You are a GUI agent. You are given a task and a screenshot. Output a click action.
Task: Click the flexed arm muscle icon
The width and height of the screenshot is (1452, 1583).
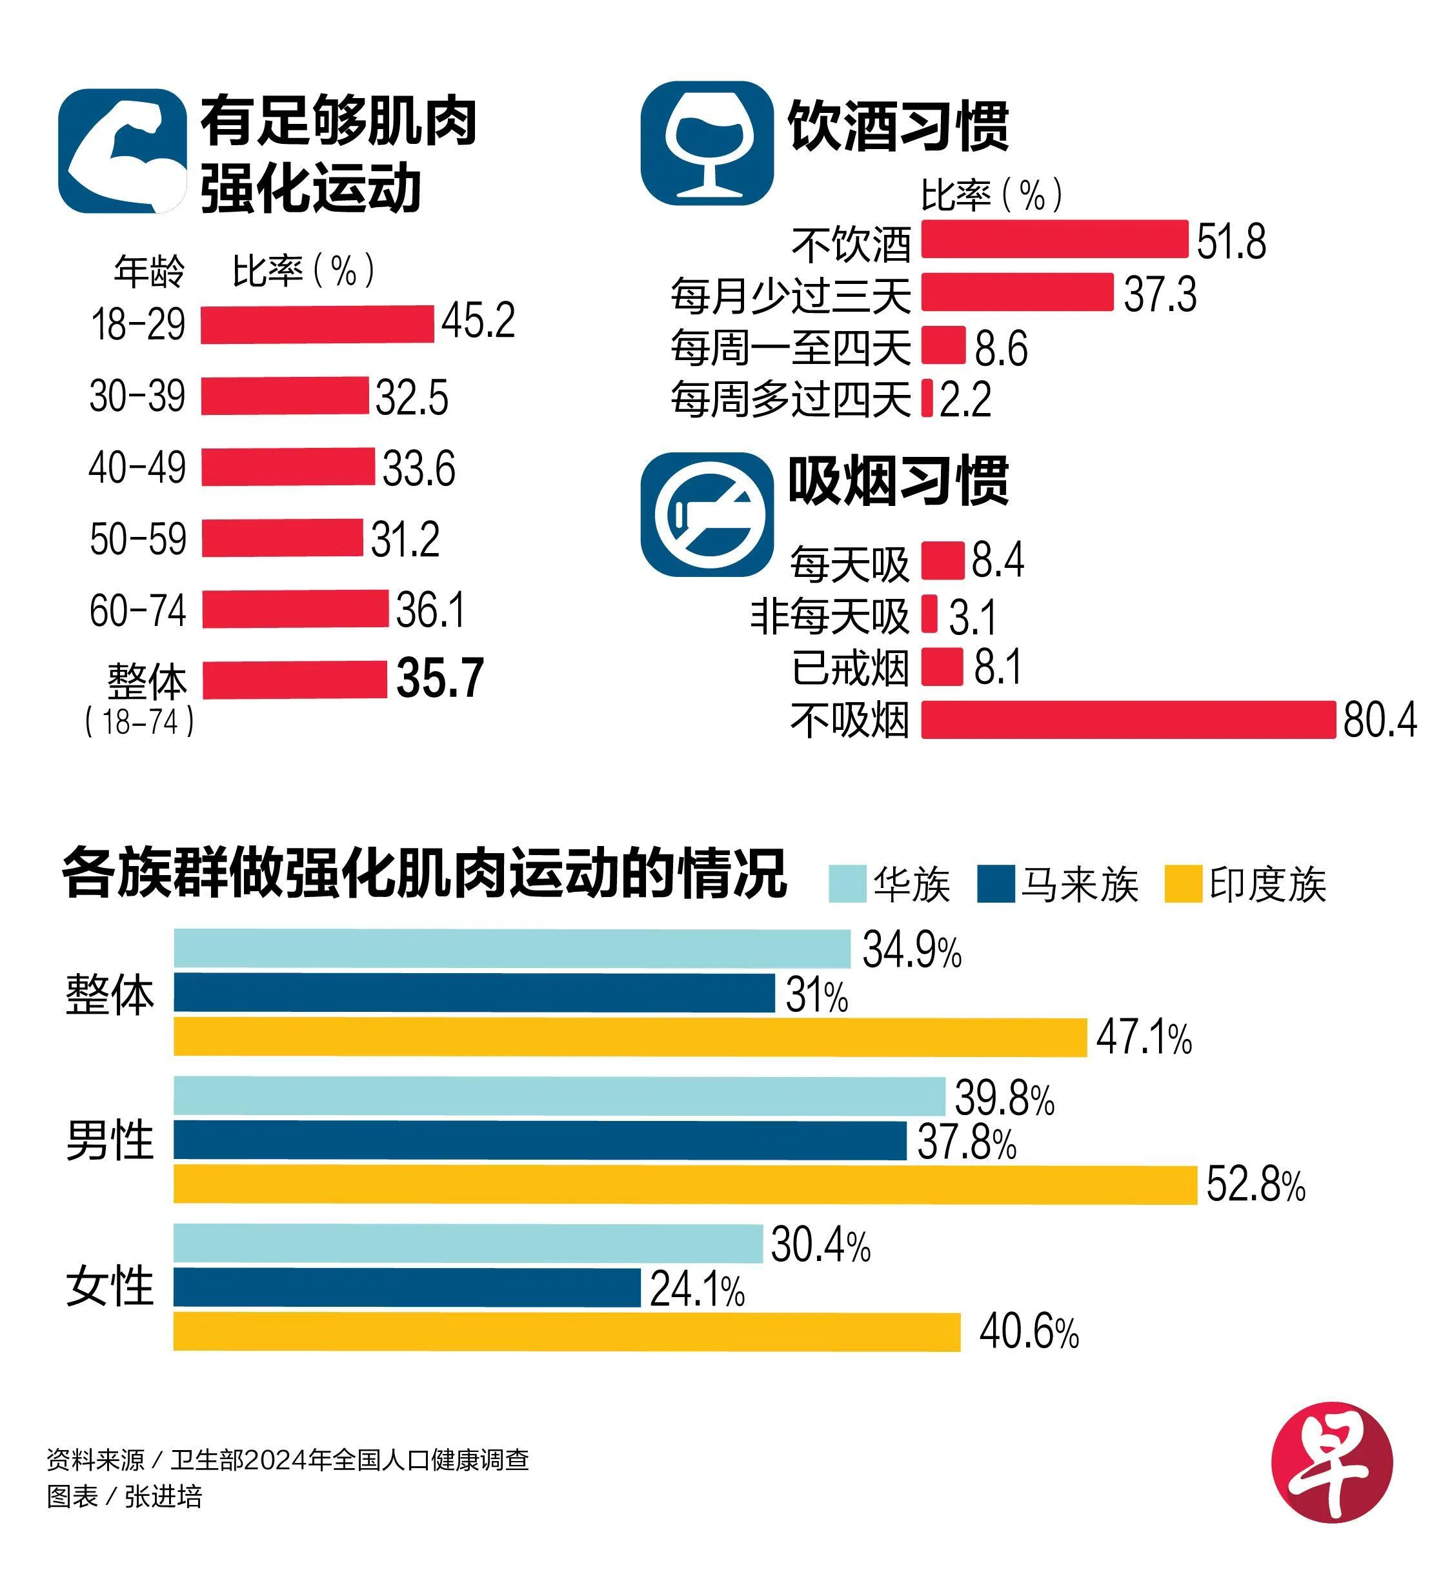(x=123, y=151)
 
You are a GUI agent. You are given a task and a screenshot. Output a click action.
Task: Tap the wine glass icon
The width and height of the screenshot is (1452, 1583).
(x=707, y=144)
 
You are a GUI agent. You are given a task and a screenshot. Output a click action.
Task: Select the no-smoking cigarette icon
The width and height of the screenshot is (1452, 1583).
(x=707, y=514)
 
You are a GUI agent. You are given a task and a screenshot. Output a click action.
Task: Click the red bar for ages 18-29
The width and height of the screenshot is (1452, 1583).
(x=317, y=325)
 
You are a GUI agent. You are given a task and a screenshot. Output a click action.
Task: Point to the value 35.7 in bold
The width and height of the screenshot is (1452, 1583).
(x=440, y=678)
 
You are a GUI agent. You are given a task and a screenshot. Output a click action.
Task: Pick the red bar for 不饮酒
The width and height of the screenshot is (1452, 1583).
(x=1054, y=239)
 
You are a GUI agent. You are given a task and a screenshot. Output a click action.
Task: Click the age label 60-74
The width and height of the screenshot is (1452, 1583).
(x=137, y=610)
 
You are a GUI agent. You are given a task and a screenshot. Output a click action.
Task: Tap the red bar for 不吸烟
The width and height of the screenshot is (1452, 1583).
(x=1128, y=720)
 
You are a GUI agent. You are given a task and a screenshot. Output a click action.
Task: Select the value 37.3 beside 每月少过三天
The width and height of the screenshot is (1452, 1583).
(x=1160, y=295)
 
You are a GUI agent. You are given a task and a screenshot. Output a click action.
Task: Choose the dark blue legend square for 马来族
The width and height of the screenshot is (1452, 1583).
(x=996, y=884)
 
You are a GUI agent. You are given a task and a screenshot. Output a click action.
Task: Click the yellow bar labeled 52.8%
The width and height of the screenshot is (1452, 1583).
(x=685, y=1184)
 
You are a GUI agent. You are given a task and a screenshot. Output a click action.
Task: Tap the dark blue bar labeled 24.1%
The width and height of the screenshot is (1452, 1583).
(x=407, y=1287)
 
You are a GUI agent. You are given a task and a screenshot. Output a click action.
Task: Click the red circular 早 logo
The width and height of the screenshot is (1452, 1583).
(x=1332, y=1462)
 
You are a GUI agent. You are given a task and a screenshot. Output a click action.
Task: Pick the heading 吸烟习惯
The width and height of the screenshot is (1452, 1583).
(x=898, y=480)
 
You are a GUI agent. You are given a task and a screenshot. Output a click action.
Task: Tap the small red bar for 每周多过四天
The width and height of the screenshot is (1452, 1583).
(x=927, y=398)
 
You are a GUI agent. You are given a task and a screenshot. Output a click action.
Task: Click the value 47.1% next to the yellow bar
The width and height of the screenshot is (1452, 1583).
(x=1144, y=1037)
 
